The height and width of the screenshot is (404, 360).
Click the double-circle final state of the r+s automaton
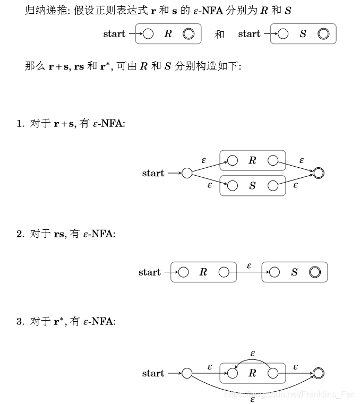click(x=319, y=173)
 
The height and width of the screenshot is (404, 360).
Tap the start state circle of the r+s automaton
click(x=187, y=173)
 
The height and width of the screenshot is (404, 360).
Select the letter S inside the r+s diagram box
click(x=252, y=186)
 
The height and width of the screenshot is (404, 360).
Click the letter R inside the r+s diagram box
click(x=252, y=160)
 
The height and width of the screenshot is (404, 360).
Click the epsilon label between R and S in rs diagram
click(x=249, y=264)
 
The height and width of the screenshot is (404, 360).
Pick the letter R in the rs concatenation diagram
click(x=203, y=272)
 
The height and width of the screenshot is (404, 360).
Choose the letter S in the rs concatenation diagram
click(x=295, y=272)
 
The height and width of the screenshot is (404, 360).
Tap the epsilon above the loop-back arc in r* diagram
click(x=253, y=353)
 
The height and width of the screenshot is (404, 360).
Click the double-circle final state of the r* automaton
click(x=319, y=373)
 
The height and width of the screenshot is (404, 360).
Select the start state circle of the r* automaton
click(x=187, y=373)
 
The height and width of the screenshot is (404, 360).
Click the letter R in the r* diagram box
click(x=252, y=373)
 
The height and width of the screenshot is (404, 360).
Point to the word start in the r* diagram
click(x=153, y=373)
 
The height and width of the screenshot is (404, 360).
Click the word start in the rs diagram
click(x=149, y=272)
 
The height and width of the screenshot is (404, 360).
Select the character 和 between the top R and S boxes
click(x=220, y=34)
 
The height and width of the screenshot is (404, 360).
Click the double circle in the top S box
click(x=323, y=34)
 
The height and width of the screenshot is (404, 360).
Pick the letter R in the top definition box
click(x=168, y=34)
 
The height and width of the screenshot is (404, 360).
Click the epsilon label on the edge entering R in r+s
click(x=203, y=159)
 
